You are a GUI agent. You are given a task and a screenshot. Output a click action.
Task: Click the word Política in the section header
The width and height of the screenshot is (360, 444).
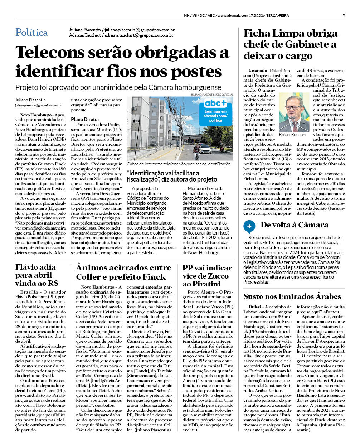pos(31,33)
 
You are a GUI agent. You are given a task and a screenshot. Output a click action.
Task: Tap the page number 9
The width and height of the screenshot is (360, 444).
pos(344,15)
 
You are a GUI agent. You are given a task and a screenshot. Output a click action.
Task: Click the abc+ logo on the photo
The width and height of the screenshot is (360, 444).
pos(215,103)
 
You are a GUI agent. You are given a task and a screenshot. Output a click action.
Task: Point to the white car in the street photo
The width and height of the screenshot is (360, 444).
pos(205,149)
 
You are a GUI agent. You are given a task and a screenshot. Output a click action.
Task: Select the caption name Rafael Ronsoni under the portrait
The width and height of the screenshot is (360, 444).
pos(292,135)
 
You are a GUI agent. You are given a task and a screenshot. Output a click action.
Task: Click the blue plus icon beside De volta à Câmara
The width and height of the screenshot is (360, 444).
pos(249,226)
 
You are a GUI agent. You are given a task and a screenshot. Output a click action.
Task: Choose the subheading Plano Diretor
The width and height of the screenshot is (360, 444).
pos(85,119)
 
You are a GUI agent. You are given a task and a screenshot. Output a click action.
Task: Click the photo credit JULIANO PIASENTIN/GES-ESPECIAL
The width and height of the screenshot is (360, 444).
pos(212,95)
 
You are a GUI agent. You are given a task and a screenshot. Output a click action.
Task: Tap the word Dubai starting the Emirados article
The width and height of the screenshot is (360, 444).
pos(255,307)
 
